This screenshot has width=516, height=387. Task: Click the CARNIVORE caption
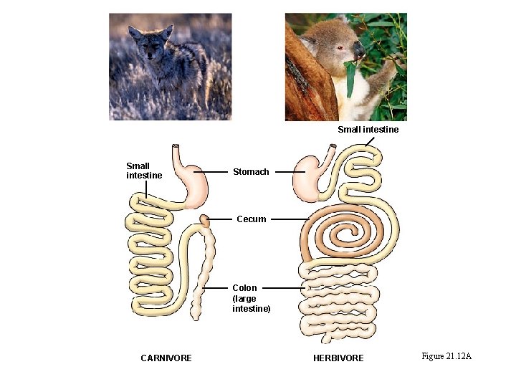click(x=166, y=358)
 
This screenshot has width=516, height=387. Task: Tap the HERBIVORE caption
click(x=338, y=358)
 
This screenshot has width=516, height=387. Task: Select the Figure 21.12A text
click(x=446, y=356)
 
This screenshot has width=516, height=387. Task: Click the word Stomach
click(x=251, y=172)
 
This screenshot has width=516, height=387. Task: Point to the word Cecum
click(x=252, y=219)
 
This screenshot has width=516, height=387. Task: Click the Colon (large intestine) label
click(x=251, y=298)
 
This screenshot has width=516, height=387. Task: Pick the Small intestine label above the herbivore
click(x=368, y=130)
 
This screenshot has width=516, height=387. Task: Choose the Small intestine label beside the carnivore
click(x=144, y=171)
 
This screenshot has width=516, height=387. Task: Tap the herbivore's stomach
click(x=309, y=179)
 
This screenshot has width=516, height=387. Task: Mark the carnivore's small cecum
click(x=206, y=220)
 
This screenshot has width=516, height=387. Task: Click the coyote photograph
click(x=170, y=66)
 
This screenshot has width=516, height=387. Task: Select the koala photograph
click(x=345, y=66)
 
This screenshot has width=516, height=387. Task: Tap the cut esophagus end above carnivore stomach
click(x=176, y=147)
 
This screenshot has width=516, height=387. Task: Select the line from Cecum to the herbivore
click(x=290, y=219)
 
